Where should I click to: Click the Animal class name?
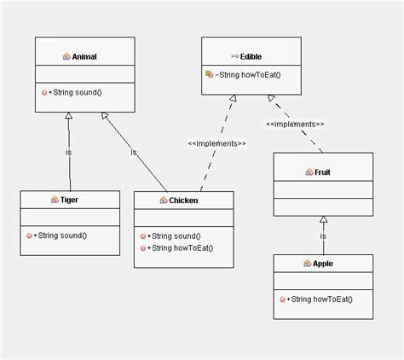(85, 56)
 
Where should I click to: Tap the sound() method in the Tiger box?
(61, 235)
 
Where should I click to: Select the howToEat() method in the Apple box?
(320, 299)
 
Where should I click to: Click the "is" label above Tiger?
(68, 153)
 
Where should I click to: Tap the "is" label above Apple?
(323, 235)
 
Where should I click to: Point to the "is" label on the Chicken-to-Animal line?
(134, 153)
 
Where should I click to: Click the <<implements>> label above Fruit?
(295, 125)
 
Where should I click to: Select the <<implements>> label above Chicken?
(217, 143)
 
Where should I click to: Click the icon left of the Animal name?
(67, 56)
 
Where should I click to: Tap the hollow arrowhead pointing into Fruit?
(323, 220)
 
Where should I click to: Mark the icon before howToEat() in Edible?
(209, 75)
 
